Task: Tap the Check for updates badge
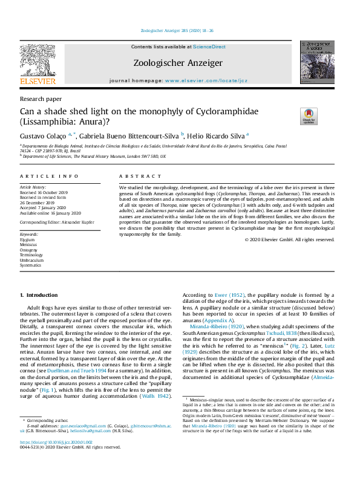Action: [309, 116]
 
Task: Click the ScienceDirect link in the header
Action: [209, 47]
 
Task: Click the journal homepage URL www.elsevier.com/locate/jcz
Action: [206, 80]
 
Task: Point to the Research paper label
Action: [41, 98]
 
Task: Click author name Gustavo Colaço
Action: [44, 135]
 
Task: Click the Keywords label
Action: [30, 233]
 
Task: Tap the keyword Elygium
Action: [28, 239]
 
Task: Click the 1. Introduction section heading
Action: [39, 295]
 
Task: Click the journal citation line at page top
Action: [177, 30]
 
